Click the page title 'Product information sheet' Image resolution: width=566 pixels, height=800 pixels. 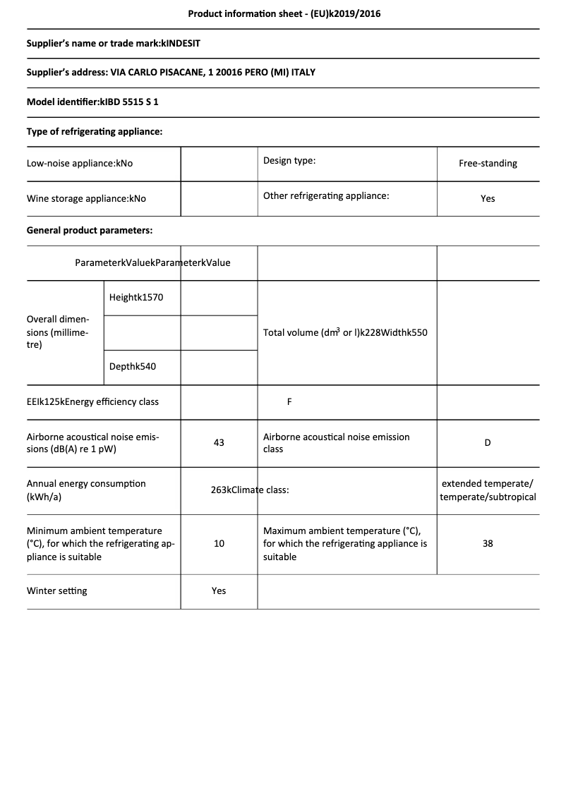(x=284, y=13)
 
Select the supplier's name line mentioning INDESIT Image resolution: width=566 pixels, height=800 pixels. (x=113, y=44)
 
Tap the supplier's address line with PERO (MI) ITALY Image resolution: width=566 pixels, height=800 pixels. (x=171, y=73)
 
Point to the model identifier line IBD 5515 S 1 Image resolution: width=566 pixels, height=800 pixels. (x=92, y=102)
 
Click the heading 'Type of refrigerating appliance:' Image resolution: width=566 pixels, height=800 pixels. (x=95, y=131)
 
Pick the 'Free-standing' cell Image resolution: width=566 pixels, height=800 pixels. (x=488, y=164)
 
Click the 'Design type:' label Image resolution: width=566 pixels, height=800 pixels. (x=289, y=161)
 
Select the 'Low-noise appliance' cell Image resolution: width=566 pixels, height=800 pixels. (x=80, y=164)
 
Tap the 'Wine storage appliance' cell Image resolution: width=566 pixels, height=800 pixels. (x=86, y=199)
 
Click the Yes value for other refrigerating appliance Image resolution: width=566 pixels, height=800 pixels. (x=488, y=199)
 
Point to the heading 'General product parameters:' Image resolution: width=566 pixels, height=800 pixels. (x=90, y=230)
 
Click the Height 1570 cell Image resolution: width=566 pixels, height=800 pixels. (x=136, y=298)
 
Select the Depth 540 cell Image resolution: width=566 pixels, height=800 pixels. (x=133, y=367)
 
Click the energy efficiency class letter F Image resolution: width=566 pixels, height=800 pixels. (x=289, y=402)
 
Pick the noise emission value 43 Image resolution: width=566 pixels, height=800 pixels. (x=219, y=442)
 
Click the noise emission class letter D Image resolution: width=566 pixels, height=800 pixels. (x=488, y=443)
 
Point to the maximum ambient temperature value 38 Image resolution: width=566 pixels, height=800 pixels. (x=488, y=544)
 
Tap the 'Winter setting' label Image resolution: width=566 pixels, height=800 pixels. (x=57, y=590)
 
